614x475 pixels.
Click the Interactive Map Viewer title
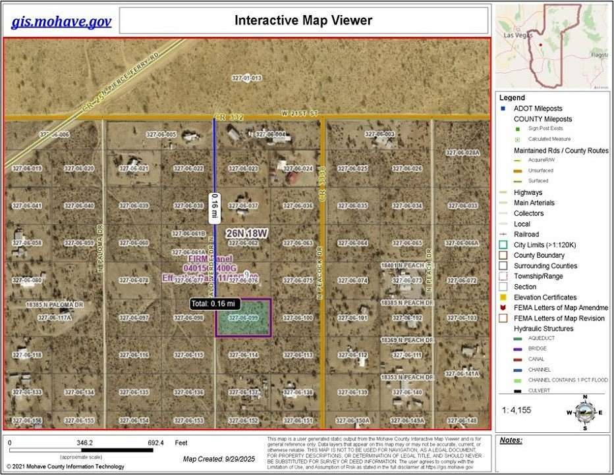pyautogui.click(x=303, y=20)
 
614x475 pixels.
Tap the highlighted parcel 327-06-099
pyautogui.click(x=244, y=317)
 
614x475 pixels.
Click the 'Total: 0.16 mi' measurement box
pyautogui.click(x=215, y=304)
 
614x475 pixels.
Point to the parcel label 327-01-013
pyautogui.click(x=246, y=78)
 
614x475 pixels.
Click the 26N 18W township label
pyautogui.click(x=247, y=234)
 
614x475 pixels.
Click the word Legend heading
pyautogui.click(x=512, y=97)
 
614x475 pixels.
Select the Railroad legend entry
pyautogui.click(x=526, y=234)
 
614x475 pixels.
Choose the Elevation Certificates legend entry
pyautogui.click(x=545, y=297)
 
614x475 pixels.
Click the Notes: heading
pyautogui.click(x=511, y=441)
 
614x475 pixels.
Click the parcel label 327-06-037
pyautogui.click(x=244, y=206)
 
